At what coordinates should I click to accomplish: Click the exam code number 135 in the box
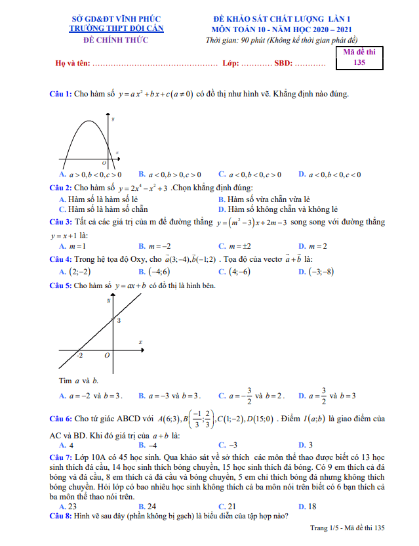tap(359, 62)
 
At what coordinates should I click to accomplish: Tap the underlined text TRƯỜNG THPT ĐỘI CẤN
tap(117, 29)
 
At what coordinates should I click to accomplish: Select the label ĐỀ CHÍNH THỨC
tap(117, 39)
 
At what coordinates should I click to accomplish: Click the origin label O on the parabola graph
tap(104, 162)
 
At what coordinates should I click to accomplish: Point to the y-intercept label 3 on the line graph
tap(119, 321)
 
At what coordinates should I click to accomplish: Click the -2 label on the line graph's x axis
tap(79, 355)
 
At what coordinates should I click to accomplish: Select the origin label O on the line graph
tap(107, 355)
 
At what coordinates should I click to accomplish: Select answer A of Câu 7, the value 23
tap(68, 506)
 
